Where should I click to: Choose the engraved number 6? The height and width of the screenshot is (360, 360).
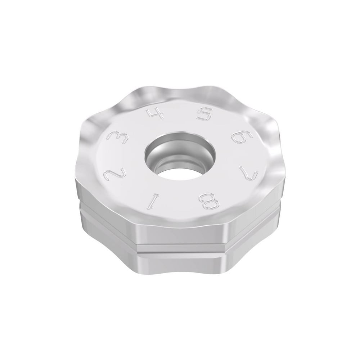(240, 137)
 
